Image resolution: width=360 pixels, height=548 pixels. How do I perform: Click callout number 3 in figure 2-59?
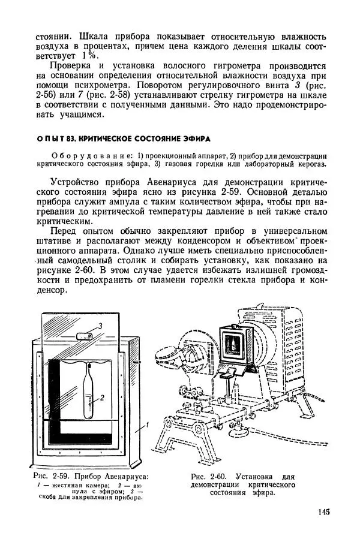[100, 324]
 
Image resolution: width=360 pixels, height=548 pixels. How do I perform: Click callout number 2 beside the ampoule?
[103, 397]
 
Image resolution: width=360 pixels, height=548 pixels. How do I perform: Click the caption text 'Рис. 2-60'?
[206, 477]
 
